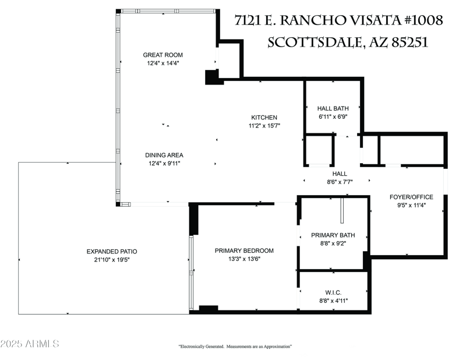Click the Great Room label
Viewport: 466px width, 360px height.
coord(163,55)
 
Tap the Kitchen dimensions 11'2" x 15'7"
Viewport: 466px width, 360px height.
coord(264,125)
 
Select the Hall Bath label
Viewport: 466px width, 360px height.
coord(333,108)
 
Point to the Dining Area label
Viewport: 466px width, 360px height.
coord(164,155)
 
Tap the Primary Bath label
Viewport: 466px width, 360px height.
coord(333,235)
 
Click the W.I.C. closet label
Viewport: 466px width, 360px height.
coord(333,292)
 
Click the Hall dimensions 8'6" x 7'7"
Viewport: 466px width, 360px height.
coord(340,182)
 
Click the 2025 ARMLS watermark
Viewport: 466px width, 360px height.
coord(30,344)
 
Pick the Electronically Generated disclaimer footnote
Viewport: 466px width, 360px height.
coord(235,347)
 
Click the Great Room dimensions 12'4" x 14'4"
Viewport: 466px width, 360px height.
coord(163,63)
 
